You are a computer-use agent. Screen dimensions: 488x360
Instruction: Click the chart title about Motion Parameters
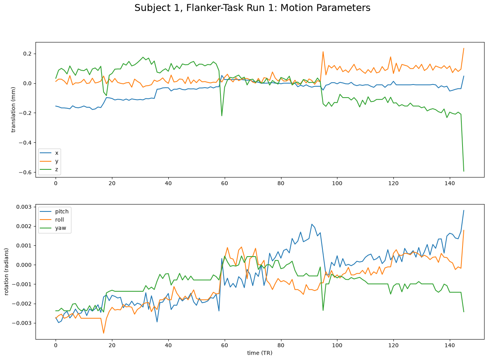(x=252, y=8)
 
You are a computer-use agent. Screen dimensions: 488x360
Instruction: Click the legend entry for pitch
(x=54, y=211)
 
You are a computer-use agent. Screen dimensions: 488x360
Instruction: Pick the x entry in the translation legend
(x=49, y=153)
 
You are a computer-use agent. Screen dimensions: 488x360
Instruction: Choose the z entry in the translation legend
(x=49, y=169)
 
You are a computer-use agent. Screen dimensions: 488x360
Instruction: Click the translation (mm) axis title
(x=13, y=110)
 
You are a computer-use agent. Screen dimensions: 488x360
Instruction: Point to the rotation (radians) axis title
(x=6, y=272)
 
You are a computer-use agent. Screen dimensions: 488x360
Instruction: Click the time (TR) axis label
(x=259, y=353)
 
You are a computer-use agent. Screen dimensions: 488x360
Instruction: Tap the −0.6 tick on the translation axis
(x=25, y=172)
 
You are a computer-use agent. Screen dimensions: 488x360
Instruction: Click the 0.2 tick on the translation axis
(x=27, y=54)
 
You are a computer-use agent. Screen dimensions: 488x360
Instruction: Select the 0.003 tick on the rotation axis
(x=24, y=207)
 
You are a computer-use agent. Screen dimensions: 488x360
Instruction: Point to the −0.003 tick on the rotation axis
(x=22, y=323)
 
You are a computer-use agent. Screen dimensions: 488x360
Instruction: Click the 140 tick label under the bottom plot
(x=449, y=345)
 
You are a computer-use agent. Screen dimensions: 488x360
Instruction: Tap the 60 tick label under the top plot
(x=224, y=183)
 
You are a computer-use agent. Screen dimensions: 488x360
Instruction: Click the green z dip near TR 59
(x=222, y=116)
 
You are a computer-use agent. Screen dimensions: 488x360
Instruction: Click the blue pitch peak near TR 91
(x=312, y=224)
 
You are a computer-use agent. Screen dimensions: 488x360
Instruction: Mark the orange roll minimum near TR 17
(x=103, y=333)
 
